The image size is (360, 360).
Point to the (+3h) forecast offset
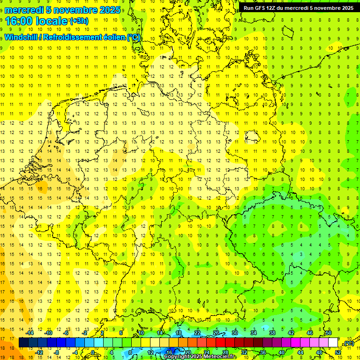[x=79, y=21]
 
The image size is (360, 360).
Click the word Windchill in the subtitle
[x=21, y=37]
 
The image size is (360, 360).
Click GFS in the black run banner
[x=261, y=8]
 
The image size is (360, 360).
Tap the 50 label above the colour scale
[x=329, y=333]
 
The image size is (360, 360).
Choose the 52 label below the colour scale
[x=337, y=352]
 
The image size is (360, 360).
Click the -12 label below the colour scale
[x=39, y=352]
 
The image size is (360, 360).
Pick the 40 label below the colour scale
[x=281, y=352]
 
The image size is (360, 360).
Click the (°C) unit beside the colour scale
[x=348, y=343]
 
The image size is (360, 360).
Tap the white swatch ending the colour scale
[x=333, y=343]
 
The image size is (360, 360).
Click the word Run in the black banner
[x=249, y=8]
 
